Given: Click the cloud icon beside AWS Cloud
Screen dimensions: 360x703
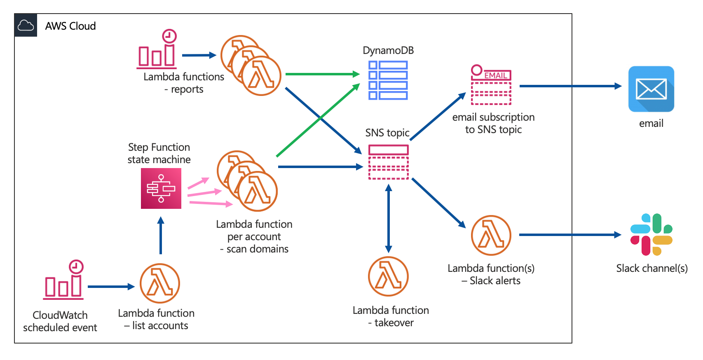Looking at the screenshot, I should click(x=26, y=26).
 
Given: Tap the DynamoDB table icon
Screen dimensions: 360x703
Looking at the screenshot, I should click(x=388, y=80).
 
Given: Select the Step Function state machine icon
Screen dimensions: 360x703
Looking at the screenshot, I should click(x=161, y=188).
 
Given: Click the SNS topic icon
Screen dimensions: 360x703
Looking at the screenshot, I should click(x=388, y=162).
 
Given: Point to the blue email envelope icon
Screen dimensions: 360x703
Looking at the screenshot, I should click(x=651, y=89).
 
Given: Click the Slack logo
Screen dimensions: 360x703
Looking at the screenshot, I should click(x=651, y=234).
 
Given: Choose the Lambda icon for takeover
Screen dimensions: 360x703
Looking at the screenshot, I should click(x=388, y=276).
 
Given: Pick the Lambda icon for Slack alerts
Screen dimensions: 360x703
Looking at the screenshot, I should click(x=491, y=235).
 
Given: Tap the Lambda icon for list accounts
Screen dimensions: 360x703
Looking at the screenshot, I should click(x=160, y=283).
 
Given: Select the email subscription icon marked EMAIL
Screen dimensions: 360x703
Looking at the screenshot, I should click(x=491, y=85).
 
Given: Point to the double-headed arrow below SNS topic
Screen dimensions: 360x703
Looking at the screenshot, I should click(x=388, y=218).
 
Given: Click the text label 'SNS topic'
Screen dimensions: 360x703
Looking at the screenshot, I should click(x=387, y=133).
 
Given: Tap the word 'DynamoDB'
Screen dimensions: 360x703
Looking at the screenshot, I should click(x=388, y=51).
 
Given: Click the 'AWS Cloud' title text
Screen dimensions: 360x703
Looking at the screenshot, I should click(x=70, y=26).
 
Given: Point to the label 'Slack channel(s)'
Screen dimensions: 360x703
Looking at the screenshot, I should click(x=651, y=269).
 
